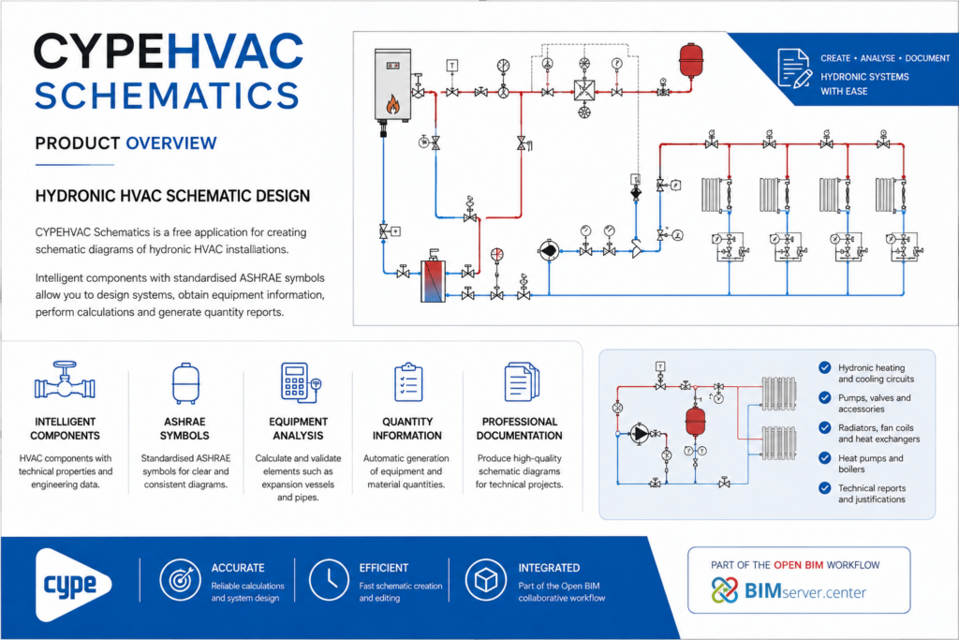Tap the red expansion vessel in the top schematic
click(691, 60)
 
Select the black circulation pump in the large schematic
click(549, 250)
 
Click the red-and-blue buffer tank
click(433, 279)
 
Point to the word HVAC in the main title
click(235, 52)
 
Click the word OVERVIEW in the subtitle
click(171, 143)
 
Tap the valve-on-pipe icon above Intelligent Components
click(65, 381)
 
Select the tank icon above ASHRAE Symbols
click(185, 383)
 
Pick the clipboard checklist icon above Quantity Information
click(408, 382)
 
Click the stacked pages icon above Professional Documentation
click(521, 381)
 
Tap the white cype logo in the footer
click(73, 585)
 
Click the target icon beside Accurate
click(181, 579)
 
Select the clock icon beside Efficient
click(329, 579)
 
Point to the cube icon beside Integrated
click(486, 579)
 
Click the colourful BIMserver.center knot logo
click(725, 590)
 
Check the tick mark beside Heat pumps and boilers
click(825, 457)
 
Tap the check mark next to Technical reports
click(825, 487)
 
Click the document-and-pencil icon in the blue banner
click(794, 67)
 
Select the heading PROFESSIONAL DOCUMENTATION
click(519, 428)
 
